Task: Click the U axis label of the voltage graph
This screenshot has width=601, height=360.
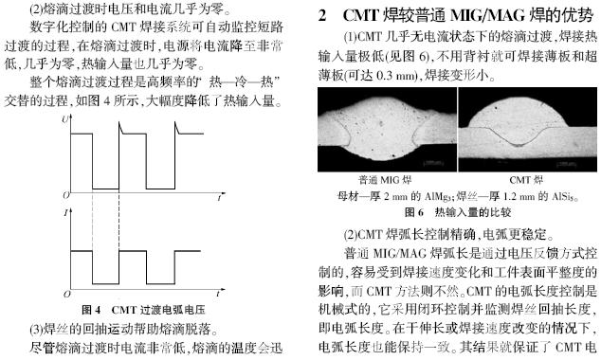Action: coord(65,120)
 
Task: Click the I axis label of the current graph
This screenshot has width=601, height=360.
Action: coord(65,212)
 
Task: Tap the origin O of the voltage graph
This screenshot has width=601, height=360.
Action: coord(66,196)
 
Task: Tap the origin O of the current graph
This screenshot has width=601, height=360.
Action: coord(66,295)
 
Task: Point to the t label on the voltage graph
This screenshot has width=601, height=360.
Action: coord(219,198)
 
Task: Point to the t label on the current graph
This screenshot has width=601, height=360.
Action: coord(218,294)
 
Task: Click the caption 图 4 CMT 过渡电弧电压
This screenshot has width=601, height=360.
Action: coord(143,310)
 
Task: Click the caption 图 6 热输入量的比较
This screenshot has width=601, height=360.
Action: coord(458,212)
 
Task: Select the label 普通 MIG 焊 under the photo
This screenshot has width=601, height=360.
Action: coord(385,180)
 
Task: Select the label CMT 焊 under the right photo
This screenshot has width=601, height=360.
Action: coord(526,180)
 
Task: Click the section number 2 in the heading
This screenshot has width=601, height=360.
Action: coord(322,15)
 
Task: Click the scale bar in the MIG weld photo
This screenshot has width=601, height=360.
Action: coord(432,163)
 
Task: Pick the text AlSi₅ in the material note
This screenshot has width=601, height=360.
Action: coord(564,197)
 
